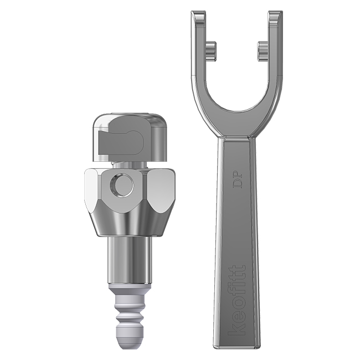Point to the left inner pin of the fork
point(210,50)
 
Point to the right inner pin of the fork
point(262,51)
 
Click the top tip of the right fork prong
point(275,14)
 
